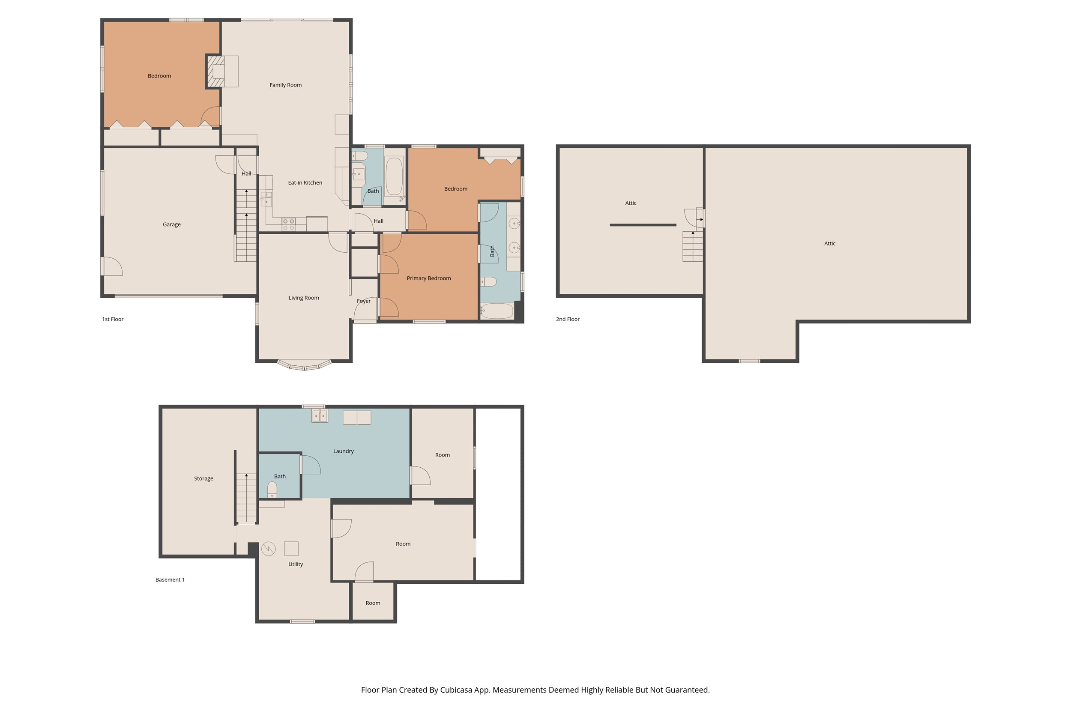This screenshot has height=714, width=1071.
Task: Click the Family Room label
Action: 285,85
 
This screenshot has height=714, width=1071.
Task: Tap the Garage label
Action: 172,224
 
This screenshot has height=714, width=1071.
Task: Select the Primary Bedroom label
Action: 428,278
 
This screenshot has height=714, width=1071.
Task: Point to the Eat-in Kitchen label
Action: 305,182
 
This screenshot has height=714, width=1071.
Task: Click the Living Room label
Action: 304,298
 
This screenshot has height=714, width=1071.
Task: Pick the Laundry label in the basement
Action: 343,451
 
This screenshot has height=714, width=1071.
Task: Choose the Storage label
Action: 203,478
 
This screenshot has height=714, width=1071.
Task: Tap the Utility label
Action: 296,564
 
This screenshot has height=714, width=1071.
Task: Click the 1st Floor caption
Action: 113,319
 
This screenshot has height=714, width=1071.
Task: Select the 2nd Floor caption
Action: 567,319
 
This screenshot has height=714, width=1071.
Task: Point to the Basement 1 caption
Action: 170,580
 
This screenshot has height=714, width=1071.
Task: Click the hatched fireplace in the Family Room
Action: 216,71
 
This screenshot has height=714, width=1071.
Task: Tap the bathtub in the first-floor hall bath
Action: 394,176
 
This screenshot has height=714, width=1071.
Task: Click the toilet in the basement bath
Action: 272,490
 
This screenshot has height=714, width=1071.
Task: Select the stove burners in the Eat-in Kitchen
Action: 288,224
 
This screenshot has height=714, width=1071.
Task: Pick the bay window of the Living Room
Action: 304,365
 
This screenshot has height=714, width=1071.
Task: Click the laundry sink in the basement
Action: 320,416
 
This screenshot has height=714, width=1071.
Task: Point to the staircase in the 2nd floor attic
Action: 693,246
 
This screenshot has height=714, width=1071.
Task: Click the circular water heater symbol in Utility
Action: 269,549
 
